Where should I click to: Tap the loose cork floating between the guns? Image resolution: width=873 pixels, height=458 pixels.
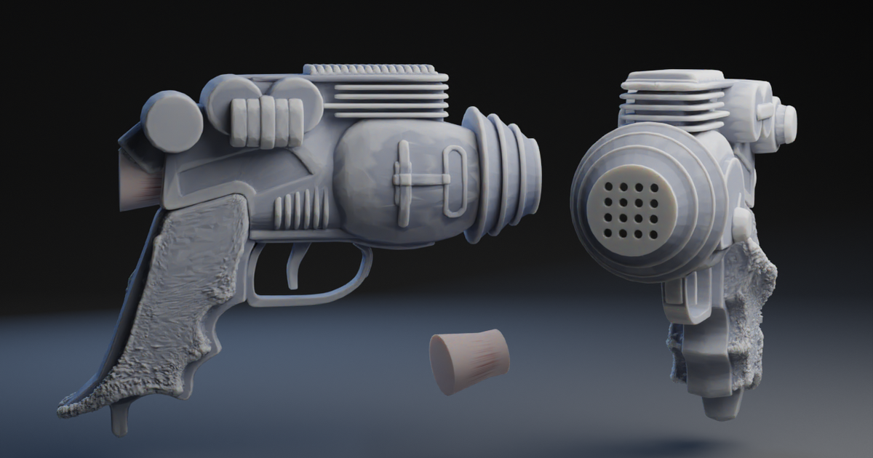click(469, 361)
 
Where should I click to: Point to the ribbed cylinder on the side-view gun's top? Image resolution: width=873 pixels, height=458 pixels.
click(266, 121)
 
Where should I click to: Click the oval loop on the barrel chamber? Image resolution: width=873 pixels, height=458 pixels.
click(455, 181)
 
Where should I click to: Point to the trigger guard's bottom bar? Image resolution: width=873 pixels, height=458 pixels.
click(306, 297)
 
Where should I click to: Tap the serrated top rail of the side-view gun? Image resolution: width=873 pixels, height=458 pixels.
click(375, 71)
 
